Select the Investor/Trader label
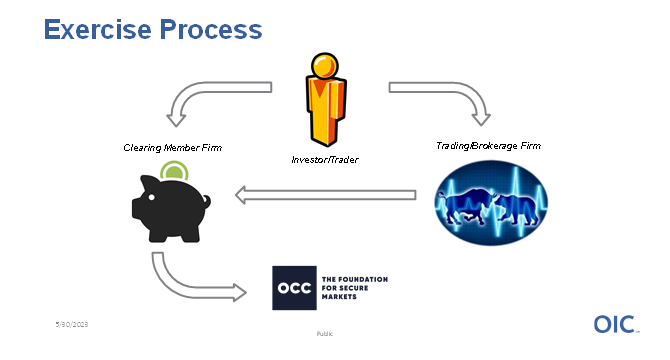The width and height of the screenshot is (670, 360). click(326, 158)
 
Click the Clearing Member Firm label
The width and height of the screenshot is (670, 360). click(173, 148)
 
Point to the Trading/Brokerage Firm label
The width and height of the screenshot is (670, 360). click(487, 147)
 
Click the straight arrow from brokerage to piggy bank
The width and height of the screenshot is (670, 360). click(324, 195)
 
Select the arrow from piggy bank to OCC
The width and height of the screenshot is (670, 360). click(190, 282)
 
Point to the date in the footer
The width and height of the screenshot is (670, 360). click(72, 325)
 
